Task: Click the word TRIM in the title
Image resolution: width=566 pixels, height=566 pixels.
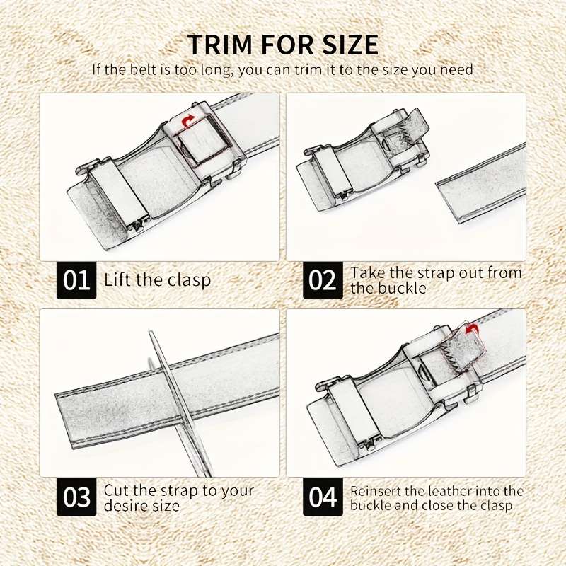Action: point(219,45)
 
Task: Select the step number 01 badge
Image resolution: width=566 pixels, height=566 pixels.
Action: point(76,280)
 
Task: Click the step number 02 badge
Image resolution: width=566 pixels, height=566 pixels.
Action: point(323,280)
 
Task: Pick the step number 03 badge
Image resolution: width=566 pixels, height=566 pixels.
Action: point(76,497)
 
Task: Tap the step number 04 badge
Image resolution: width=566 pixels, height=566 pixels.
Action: point(323,497)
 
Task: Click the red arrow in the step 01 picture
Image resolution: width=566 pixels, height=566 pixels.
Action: point(187,122)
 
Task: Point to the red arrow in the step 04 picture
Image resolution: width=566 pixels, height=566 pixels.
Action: point(471,329)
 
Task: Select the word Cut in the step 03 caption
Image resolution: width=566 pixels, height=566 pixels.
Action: point(116,490)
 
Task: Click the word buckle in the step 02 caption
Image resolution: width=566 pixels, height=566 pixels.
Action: point(403,289)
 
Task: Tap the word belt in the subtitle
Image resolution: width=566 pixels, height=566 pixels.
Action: point(144,69)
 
